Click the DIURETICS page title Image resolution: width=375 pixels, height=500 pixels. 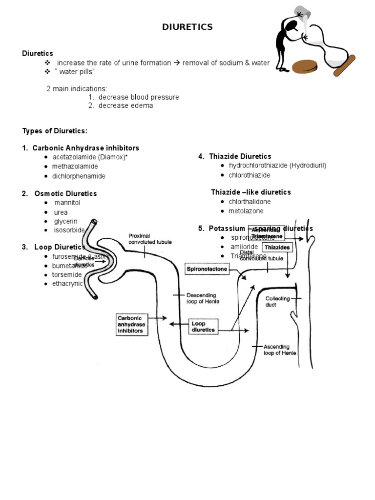pyautogui.click(x=187, y=27)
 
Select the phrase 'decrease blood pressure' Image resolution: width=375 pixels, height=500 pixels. pyautogui.click(x=139, y=97)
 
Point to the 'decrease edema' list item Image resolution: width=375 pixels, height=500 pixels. pyautogui.click(x=125, y=105)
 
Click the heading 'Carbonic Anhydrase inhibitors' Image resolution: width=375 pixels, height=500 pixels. pyautogui.click(x=86, y=148)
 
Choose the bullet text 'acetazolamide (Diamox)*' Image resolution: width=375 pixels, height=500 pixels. pyautogui.click(x=90, y=157)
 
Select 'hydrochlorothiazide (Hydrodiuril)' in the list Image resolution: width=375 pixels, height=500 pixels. pyautogui.click(x=277, y=166)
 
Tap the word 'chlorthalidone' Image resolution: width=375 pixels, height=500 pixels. pyautogui.click(x=250, y=202)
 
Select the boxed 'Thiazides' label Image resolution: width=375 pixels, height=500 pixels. pyautogui.click(x=277, y=248)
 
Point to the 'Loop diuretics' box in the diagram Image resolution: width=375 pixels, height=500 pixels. pyautogui.click(x=203, y=327)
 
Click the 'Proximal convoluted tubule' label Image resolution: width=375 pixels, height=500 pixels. pyautogui.click(x=149, y=239)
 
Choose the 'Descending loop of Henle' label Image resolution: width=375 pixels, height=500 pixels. pyautogui.click(x=203, y=298)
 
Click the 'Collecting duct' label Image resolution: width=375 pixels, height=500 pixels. pyautogui.click(x=277, y=302)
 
